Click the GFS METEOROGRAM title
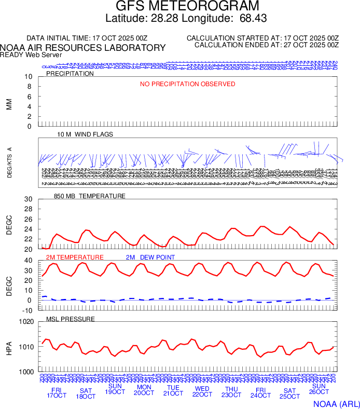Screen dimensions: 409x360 point(180,6)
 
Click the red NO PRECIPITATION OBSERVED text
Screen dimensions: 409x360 point(188,84)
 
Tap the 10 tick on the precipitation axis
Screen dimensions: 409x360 point(29,77)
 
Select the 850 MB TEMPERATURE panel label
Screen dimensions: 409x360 point(90,196)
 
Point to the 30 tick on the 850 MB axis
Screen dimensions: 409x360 point(29,199)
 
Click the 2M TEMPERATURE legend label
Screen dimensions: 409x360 point(75,257)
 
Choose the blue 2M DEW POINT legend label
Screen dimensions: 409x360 point(150,257)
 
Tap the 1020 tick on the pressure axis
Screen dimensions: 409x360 point(25,322)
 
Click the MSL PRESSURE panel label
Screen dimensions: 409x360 point(71,319)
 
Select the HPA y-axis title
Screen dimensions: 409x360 point(9,347)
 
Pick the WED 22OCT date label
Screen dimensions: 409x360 point(202,392)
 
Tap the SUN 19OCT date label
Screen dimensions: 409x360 point(115,389)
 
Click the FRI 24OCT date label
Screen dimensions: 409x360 point(260,392)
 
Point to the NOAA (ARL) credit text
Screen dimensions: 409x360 point(335,402)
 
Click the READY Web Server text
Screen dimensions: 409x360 point(31,55)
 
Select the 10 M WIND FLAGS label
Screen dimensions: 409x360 point(85,134)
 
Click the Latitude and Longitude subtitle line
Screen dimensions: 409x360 point(180,19)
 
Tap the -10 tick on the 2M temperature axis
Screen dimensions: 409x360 point(27,310)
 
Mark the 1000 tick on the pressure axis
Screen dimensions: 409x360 point(25,372)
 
